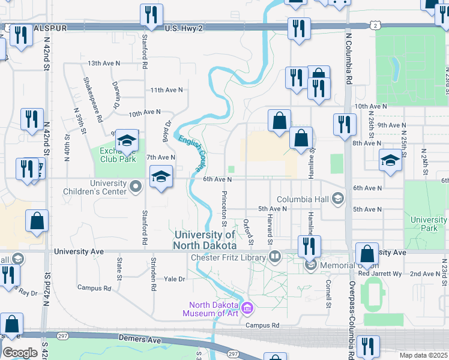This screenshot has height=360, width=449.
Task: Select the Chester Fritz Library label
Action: [x=228, y=258]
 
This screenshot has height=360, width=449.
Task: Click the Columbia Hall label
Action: [x=304, y=199]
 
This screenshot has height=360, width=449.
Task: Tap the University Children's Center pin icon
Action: [x=136, y=188]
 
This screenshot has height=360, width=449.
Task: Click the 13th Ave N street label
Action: [x=104, y=63]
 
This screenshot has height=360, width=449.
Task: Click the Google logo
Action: [x=20, y=353]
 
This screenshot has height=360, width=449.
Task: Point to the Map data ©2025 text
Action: [x=423, y=355]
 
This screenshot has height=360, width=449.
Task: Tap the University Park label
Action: [x=429, y=224]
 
